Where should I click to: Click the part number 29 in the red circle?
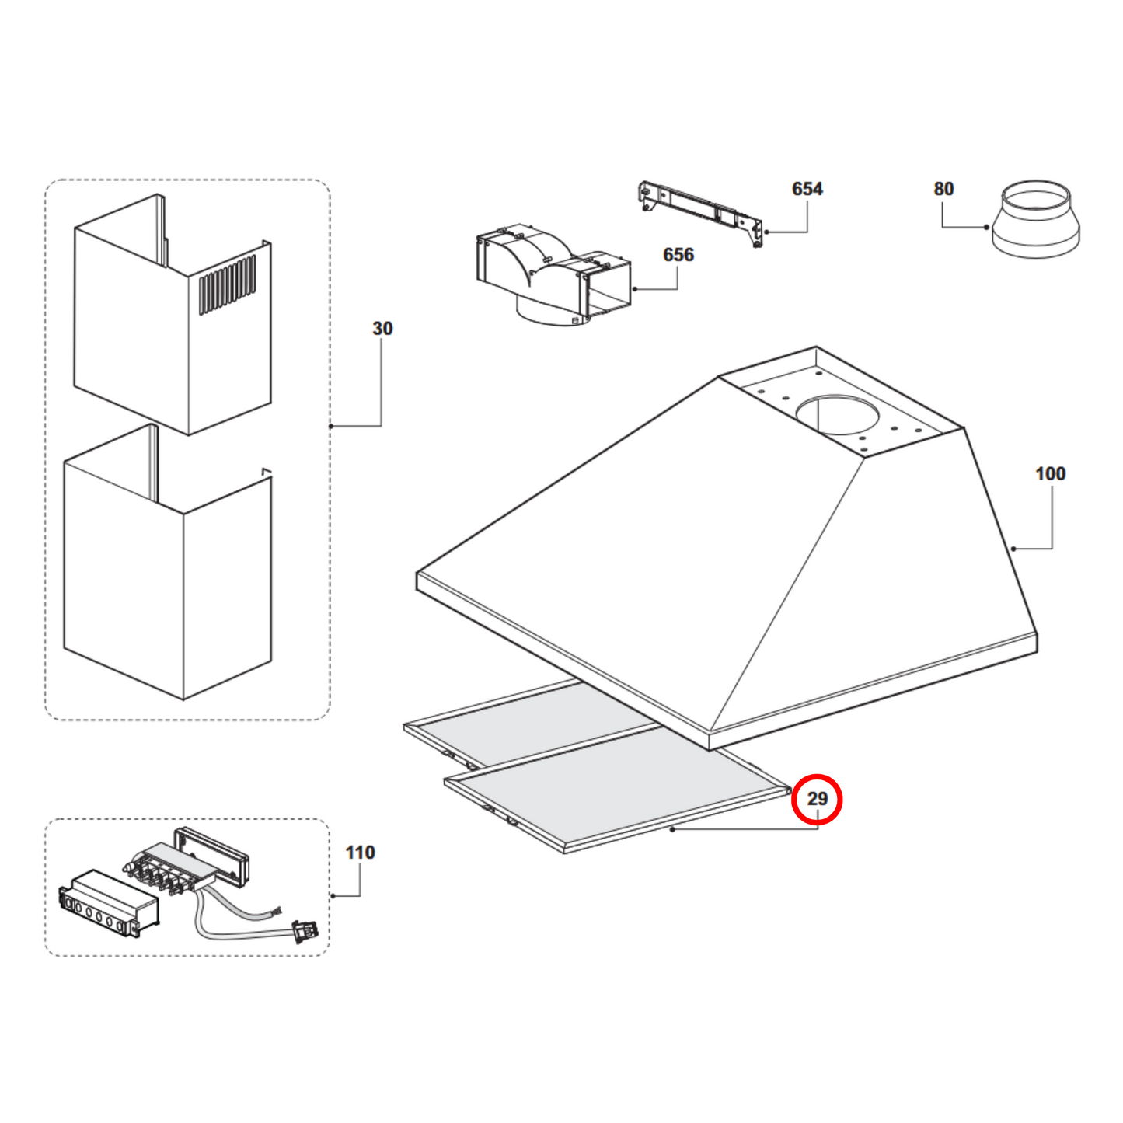click(x=816, y=799)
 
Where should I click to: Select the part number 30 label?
click(x=382, y=329)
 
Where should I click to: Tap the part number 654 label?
click(x=807, y=189)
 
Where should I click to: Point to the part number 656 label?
click(x=678, y=255)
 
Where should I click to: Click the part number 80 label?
click(x=943, y=189)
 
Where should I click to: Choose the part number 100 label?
click(x=1050, y=474)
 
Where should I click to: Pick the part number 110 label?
click(x=360, y=853)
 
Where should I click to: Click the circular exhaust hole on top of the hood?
click(x=837, y=414)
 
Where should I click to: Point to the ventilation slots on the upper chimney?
click(x=227, y=284)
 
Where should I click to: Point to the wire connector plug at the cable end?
click(x=305, y=930)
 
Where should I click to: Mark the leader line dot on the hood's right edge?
click(x=1013, y=549)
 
